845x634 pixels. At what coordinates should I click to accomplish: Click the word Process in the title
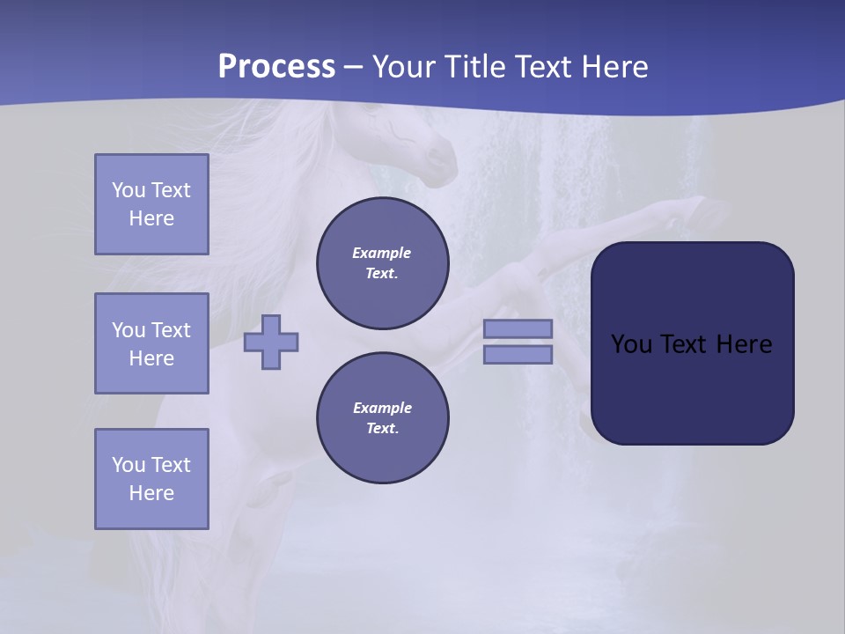pos(276,67)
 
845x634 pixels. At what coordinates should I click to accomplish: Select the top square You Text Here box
pos(151,204)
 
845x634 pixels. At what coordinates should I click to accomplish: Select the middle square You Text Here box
pos(151,343)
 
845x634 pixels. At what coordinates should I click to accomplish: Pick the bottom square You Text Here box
pos(151,479)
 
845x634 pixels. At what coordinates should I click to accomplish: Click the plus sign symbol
pos(271,342)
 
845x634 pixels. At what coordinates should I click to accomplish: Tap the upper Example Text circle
pos(382,263)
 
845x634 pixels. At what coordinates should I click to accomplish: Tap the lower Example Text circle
pos(382,418)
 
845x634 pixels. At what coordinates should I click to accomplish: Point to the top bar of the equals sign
pos(518,328)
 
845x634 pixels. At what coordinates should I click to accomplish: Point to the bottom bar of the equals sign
pos(518,354)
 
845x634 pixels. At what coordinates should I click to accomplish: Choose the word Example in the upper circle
pos(382,253)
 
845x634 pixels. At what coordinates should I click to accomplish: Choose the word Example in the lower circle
pos(382,408)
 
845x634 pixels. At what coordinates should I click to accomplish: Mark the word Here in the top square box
pos(151,218)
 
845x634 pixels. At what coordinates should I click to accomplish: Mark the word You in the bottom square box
pos(129,465)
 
